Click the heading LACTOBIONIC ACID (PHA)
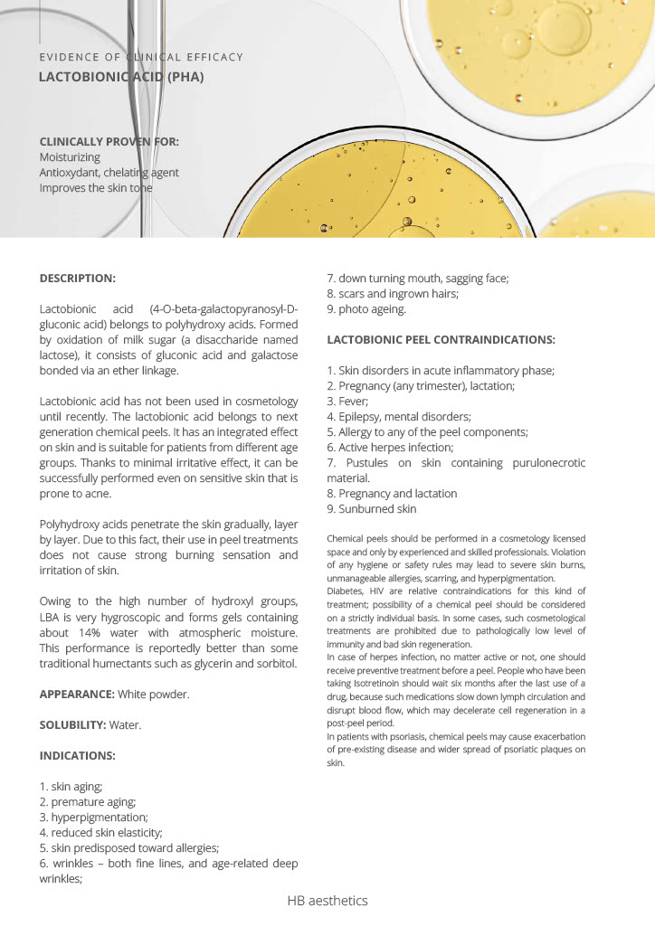(121, 77)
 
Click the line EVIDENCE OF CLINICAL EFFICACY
(141, 57)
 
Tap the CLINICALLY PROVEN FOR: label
(109, 141)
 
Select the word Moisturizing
(70, 156)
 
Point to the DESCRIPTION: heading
(78, 278)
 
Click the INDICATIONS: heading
(78, 755)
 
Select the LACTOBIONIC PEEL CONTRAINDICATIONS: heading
(441, 340)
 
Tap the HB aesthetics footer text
(327, 901)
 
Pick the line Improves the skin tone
(96, 188)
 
